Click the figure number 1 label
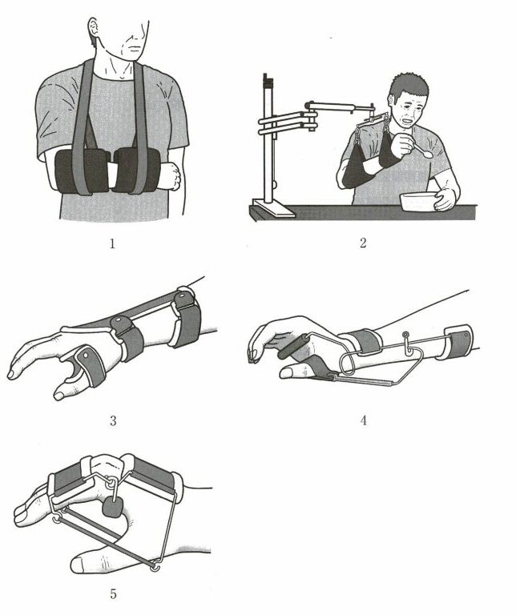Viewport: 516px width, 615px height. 112,244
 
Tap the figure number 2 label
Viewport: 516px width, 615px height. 363,243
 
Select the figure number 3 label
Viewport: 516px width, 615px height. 113,421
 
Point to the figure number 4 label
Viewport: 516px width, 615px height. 363,420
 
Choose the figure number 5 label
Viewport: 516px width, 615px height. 113,594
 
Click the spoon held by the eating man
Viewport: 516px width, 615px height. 420,151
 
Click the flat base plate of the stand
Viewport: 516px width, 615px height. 273,208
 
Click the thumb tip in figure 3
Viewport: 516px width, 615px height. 58,396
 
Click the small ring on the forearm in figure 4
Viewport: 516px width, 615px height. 405,335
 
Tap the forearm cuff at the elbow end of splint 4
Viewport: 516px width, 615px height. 458,342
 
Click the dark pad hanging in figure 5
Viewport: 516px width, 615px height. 113,508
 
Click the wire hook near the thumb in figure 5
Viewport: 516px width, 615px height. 155,567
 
